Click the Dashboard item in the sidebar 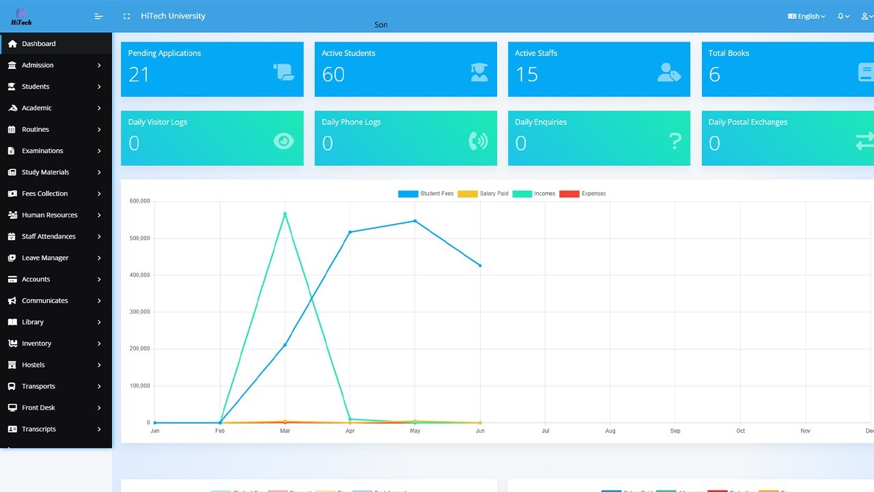point(39,44)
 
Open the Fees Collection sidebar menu point(44,193)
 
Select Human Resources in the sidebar point(49,215)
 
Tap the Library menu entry point(33,322)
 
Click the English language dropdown point(807,16)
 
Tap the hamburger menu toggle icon point(98,16)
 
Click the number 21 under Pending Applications point(139,74)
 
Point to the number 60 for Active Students point(333,74)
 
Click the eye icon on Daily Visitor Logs point(283,141)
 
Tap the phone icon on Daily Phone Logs point(478,141)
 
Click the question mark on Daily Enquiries point(675,141)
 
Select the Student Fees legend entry point(426,194)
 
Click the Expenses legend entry point(582,194)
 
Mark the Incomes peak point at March point(285,214)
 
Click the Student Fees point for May point(415,221)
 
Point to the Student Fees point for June point(480,265)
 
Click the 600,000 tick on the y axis point(139,201)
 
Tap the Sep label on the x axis point(675,431)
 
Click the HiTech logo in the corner point(21,16)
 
